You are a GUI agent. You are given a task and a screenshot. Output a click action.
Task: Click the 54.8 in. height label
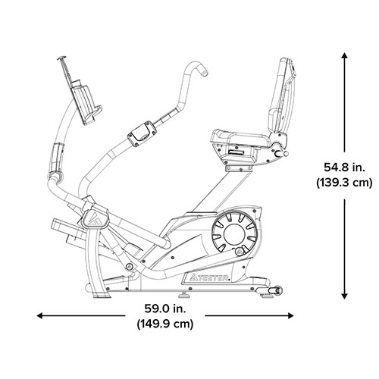click(344, 168)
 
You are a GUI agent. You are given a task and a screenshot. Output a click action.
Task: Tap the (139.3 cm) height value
click(344, 183)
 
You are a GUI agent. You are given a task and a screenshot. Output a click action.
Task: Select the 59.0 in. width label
click(165, 309)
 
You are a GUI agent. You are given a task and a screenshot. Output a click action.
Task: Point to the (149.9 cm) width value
click(165, 324)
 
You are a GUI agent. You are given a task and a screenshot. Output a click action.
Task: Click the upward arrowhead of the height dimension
click(344, 55)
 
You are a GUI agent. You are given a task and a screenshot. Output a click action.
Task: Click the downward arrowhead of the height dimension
click(344, 296)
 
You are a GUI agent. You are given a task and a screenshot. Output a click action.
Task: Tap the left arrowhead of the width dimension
click(40, 315)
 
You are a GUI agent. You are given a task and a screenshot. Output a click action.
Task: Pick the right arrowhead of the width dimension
click(290, 315)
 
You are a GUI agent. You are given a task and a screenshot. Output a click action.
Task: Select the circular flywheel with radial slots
click(234, 233)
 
